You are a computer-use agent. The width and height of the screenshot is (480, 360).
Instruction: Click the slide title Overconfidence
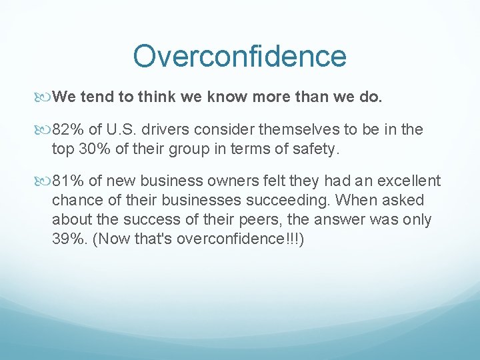pyautogui.click(x=239, y=57)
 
